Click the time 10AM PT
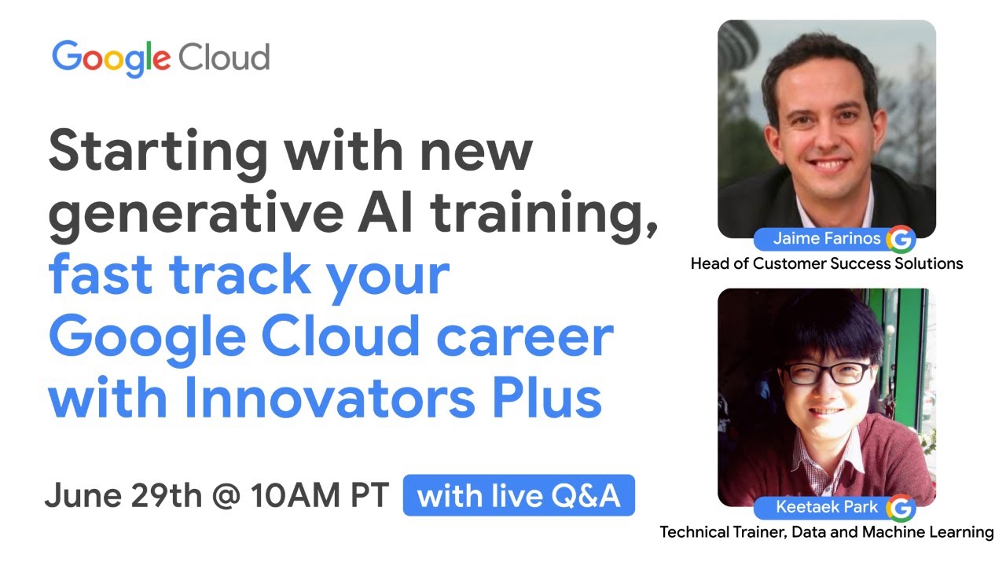coord(319,496)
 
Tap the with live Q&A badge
coord(519,496)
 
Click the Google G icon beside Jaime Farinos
coord(901,239)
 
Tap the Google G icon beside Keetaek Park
coord(901,508)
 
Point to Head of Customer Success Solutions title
coord(827,264)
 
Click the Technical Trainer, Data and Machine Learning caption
coord(827,533)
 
